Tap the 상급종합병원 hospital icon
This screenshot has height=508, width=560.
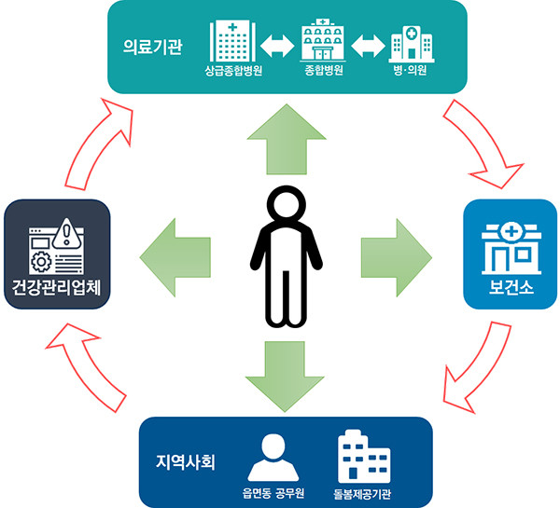click(x=233, y=40)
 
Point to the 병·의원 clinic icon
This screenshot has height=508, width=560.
click(x=411, y=43)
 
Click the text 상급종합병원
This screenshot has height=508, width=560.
click(x=233, y=71)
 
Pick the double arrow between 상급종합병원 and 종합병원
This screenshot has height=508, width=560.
click(x=277, y=44)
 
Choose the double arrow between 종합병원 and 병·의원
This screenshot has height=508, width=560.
click(x=367, y=44)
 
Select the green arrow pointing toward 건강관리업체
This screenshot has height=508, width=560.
click(x=172, y=253)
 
